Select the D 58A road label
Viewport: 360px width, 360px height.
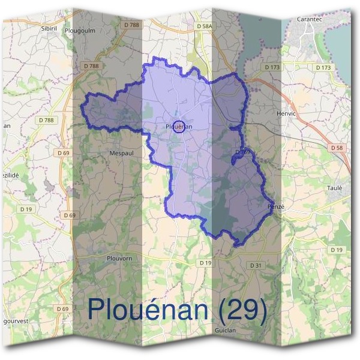[x=205, y=26]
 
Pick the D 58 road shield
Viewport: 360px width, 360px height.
[x=336, y=147]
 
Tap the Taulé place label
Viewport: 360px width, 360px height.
[x=334, y=188]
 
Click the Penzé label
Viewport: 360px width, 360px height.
[x=275, y=206]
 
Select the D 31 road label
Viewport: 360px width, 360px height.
[x=256, y=265]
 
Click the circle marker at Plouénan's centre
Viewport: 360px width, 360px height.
[x=178, y=126]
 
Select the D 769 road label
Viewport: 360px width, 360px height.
[x=242, y=152]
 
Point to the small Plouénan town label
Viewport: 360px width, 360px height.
[x=179, y=127]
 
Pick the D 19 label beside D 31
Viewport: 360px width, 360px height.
[x=206, y=263]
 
